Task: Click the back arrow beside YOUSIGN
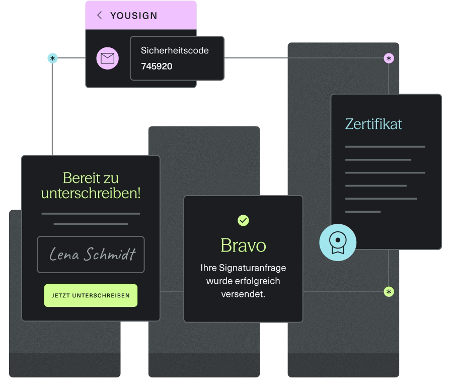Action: click(100, 15)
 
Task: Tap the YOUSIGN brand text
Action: click(134, 16)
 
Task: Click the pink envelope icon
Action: click(108, 58)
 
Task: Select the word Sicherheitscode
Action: click(175, 50)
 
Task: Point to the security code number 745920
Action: click(157, 66)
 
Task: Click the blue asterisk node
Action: click(52, 58)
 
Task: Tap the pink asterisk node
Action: click(389, 58)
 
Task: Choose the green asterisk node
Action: click(389, 292)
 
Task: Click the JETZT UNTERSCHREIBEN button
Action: click(91, 295)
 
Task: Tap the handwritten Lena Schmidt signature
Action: click(92, 254)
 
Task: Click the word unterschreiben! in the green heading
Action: click(91, 193)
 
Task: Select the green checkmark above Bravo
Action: click(243, 220)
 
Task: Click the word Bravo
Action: click(243, 245)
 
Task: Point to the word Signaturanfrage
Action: click(253, 268)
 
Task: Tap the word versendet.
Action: click(243, 294)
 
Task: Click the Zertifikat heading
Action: click(373, 124)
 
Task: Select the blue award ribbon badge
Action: click(338, 242)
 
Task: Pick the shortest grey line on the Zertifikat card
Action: click(363, 212)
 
